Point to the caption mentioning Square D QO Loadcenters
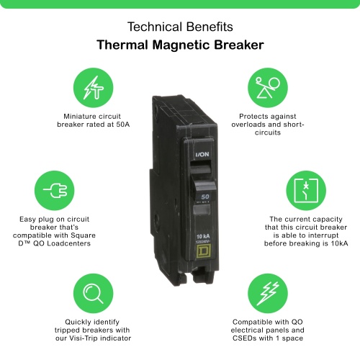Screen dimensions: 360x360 [x=54, y=230]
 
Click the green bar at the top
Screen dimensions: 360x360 [x=180, y=4]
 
